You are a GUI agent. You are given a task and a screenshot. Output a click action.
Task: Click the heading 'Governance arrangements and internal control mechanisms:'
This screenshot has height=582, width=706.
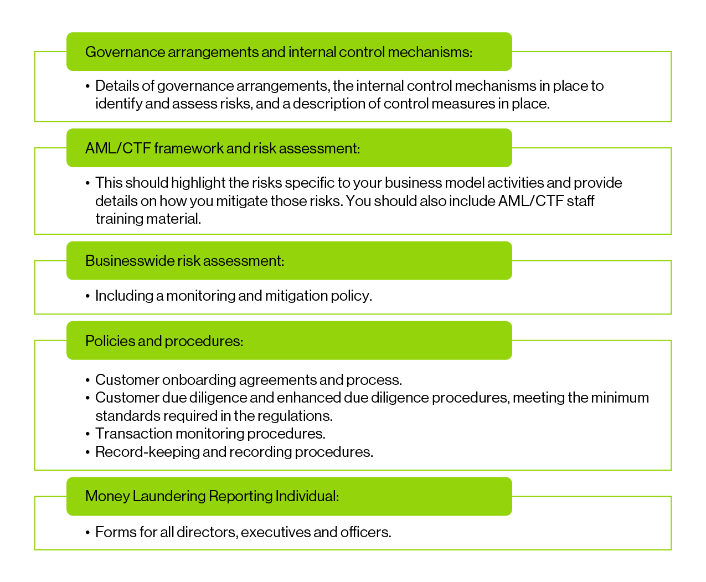tap(279, 52)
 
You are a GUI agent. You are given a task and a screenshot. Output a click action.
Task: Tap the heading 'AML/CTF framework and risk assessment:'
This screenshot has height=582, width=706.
tap(223, 148)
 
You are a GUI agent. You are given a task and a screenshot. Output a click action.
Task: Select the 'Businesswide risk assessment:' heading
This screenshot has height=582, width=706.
tap(184, 261)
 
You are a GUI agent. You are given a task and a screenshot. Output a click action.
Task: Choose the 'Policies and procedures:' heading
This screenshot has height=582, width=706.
tap(164, 341)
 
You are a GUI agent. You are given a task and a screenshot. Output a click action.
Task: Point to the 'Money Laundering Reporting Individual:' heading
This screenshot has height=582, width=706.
tap(212, 496)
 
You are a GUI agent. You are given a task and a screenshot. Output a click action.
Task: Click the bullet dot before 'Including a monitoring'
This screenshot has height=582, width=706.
tap(88, 297)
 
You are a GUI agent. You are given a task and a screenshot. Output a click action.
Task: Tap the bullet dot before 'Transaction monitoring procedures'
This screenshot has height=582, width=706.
tap(88, 434)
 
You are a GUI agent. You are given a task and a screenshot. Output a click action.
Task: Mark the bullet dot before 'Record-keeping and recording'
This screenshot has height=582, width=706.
tap(88, 452)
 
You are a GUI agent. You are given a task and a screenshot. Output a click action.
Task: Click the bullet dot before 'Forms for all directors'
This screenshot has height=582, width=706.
tap(88, 533)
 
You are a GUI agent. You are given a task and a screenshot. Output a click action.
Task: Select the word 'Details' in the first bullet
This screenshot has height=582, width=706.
tap(117, 86)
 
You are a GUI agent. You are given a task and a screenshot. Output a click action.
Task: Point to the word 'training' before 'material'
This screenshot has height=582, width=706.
tap(120, 219)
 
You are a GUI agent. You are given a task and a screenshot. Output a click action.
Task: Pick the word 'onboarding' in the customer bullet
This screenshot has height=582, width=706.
tap(199, 380)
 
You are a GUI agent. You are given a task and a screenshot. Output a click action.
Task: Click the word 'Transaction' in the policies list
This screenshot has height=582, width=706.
tap(133, 434)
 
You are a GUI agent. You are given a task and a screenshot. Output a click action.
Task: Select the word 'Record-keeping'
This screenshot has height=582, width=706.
tap(147, 452)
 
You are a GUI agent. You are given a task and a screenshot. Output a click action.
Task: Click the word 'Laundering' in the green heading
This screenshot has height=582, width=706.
tap(169, 496)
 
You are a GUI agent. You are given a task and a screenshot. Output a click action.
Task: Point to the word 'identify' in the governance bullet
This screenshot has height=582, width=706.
tap(118, 104)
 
